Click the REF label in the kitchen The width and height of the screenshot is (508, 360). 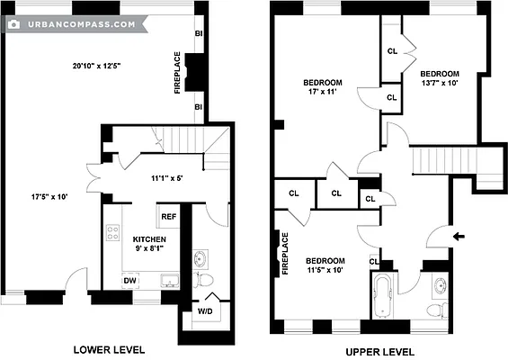coord(168,217)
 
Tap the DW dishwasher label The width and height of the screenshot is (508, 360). coord(130,280)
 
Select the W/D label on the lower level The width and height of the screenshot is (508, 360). coord(206,312)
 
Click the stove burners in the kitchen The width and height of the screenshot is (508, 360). coord(114,235)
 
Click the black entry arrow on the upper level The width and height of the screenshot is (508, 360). coord(459,237)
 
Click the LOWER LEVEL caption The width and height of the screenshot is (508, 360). coord(109,349)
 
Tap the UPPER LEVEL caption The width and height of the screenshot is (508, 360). coord(380,351)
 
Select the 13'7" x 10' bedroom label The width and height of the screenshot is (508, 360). coord(440,78)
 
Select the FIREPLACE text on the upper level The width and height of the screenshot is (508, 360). coord(285,253)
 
